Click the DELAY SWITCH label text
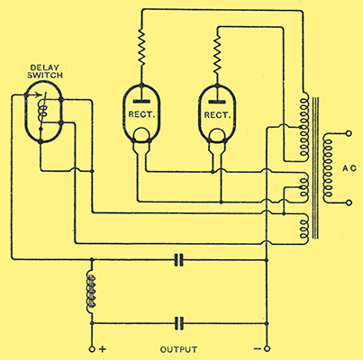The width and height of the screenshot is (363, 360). [x=45, y=71]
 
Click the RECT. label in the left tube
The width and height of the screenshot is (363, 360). [x=141, y=114]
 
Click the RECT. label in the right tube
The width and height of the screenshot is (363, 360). [x=217, y=114]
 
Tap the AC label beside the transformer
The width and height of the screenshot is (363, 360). [x=349, y=168]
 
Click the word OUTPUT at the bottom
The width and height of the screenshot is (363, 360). [x=178, y=349]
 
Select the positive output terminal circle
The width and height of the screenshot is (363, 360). [x=92, y=349]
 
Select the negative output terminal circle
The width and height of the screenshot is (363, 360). [x=267, y=349]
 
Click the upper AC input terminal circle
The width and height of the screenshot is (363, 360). [x=349, y=133]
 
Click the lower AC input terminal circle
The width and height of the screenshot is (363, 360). [x=349, y=203]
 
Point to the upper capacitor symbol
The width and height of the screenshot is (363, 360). [x=179, y=260]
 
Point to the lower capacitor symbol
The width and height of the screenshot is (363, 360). [x=179, y=323]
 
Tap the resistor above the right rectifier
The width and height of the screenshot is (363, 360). [x=217, y=54]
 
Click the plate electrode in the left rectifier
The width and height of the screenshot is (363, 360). [x=141, y=102]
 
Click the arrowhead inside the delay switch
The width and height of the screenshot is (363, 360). [x=39, y=95]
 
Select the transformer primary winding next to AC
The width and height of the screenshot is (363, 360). [x=328, y=168]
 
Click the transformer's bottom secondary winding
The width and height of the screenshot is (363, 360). [x=304, y=229]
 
